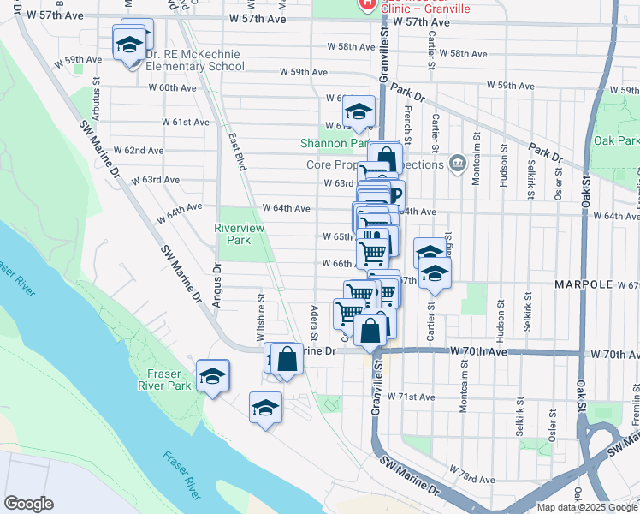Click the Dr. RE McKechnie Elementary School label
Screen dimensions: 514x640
pos(195,58)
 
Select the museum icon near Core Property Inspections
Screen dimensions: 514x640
pos(457,163)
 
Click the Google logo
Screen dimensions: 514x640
pos(29,503)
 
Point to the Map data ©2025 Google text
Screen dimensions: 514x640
pos(586,507)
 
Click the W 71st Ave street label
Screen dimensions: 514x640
pos(411,397)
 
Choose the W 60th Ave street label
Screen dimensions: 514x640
pos(173,87)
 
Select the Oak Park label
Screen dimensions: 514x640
pos(616,140)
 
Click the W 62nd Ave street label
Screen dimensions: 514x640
pos(144,150)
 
